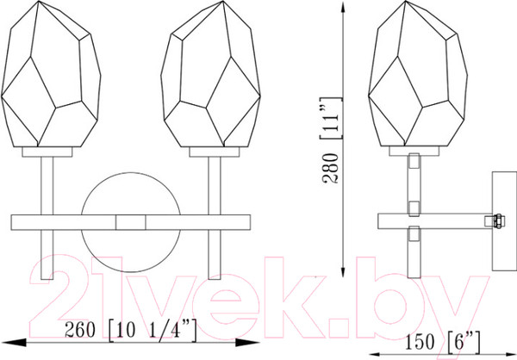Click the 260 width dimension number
pos(80,329)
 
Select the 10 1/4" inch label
pos(153,330)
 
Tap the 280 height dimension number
pos(331,169)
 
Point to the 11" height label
pos(331,118)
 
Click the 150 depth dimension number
pos(420,342)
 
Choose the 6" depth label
pos(464,342)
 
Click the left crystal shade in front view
pos(51,74)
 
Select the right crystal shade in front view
pos(211,74)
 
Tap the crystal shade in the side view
pos(418,74)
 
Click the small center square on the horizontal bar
pos(131,222)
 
